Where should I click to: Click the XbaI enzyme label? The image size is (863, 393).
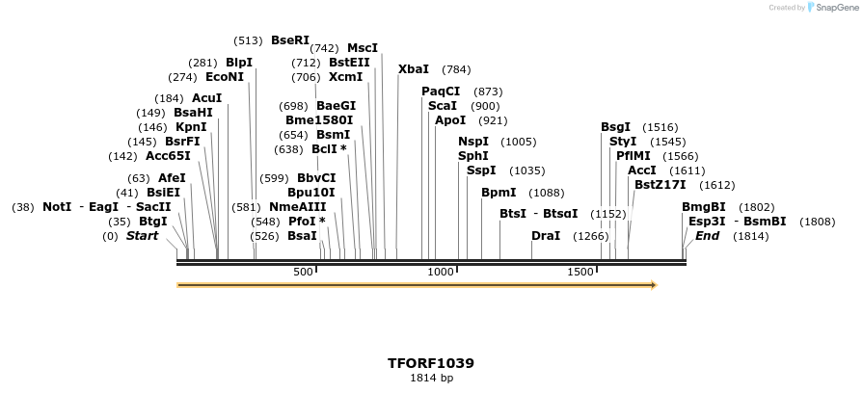(413, 69)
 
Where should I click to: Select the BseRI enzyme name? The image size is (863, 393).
(290, 40)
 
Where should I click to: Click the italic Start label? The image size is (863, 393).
(142, 236)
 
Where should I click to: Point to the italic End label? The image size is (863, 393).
(707, 236)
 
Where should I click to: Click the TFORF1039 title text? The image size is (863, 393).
(430, 363)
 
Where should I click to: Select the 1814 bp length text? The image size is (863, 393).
(431, 379)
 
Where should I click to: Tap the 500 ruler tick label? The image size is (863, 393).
(304, 273)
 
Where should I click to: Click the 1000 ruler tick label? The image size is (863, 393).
(440, 273)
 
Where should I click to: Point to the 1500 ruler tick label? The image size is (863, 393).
(580, 273)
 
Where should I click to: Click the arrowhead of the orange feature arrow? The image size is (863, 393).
(653, 285)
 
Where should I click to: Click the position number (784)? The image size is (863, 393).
(456, 69)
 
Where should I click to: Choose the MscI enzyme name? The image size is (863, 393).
(363, 48)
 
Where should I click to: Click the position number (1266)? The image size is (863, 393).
(591, 236)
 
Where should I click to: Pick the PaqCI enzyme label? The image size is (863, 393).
(441, 92)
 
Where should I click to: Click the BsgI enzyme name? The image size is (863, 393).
(615, 127)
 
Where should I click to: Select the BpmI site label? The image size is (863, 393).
(499, 193)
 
